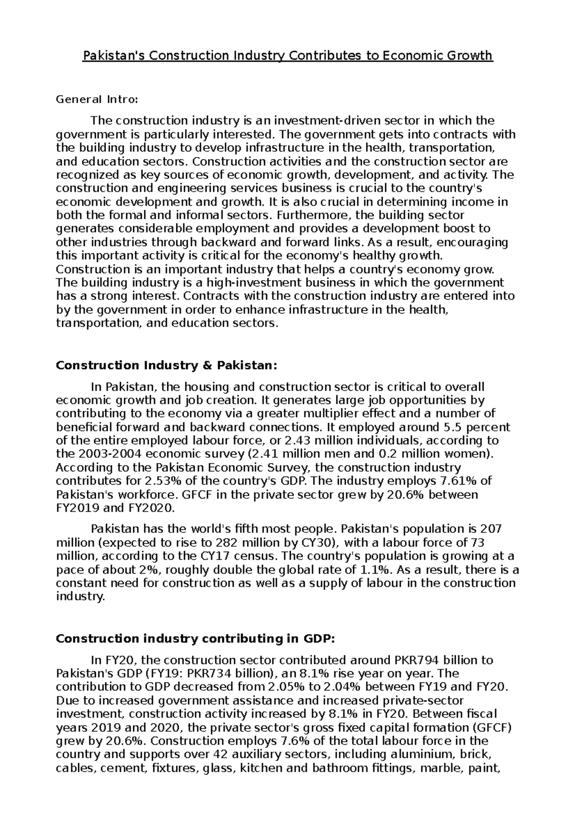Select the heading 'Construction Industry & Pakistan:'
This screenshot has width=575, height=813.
(166, 366)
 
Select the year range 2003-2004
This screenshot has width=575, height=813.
(106, 454)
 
